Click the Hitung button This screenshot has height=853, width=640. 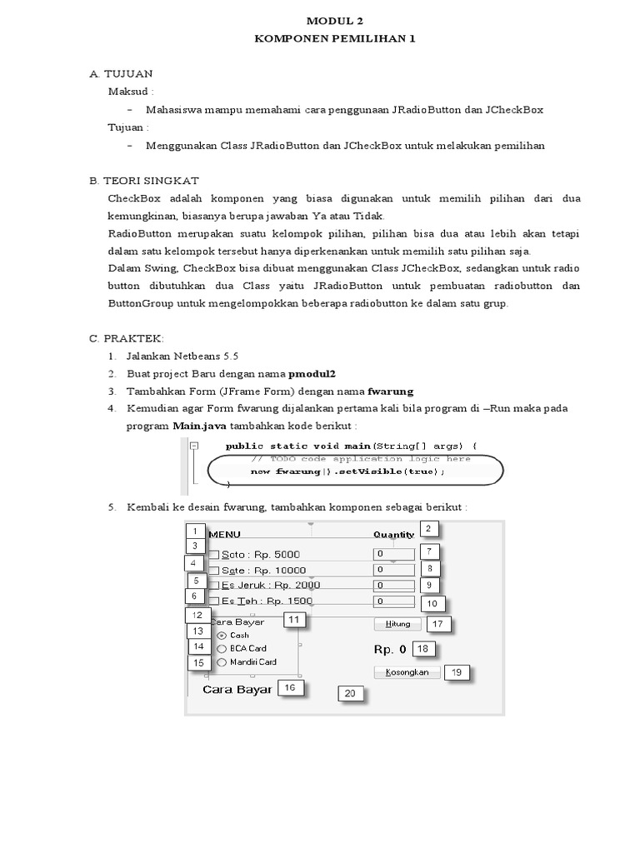398,623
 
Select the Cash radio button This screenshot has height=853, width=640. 222,636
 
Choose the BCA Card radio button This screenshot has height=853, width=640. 222,648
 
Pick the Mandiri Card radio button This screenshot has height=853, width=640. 222,662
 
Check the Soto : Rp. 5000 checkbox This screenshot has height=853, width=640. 214,555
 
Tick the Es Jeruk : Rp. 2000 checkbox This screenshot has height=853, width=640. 214,586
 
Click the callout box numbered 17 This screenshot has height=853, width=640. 438,624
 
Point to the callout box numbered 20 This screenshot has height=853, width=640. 350,694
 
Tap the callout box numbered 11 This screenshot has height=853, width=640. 295,620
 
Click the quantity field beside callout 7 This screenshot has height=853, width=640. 394,554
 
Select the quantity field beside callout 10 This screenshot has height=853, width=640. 394,601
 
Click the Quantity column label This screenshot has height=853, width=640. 393,535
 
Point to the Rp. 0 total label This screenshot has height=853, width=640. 389,649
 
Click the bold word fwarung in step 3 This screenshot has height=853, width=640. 391,391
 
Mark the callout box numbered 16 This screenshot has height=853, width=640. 290,688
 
